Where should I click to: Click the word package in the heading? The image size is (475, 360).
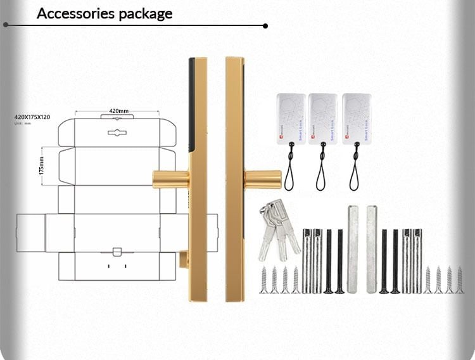tap(143, 13)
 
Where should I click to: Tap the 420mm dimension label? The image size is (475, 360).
tap(118, 111)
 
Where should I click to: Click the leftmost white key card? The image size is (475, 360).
tap(291, 119)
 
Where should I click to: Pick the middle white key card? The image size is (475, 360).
tap(322, 119)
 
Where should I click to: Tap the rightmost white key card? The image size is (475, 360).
tap(357, 119)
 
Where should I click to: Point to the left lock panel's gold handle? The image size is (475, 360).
tap(170, 179)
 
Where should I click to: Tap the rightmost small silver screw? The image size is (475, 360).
tap(460, 280)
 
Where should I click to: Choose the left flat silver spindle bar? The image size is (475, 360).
tap(353, 248)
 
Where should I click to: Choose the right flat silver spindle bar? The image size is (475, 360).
tap(370, 248)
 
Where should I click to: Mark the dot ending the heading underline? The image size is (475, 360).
tap(265, 26)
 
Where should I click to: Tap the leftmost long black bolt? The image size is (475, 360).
tap(328, 261)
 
